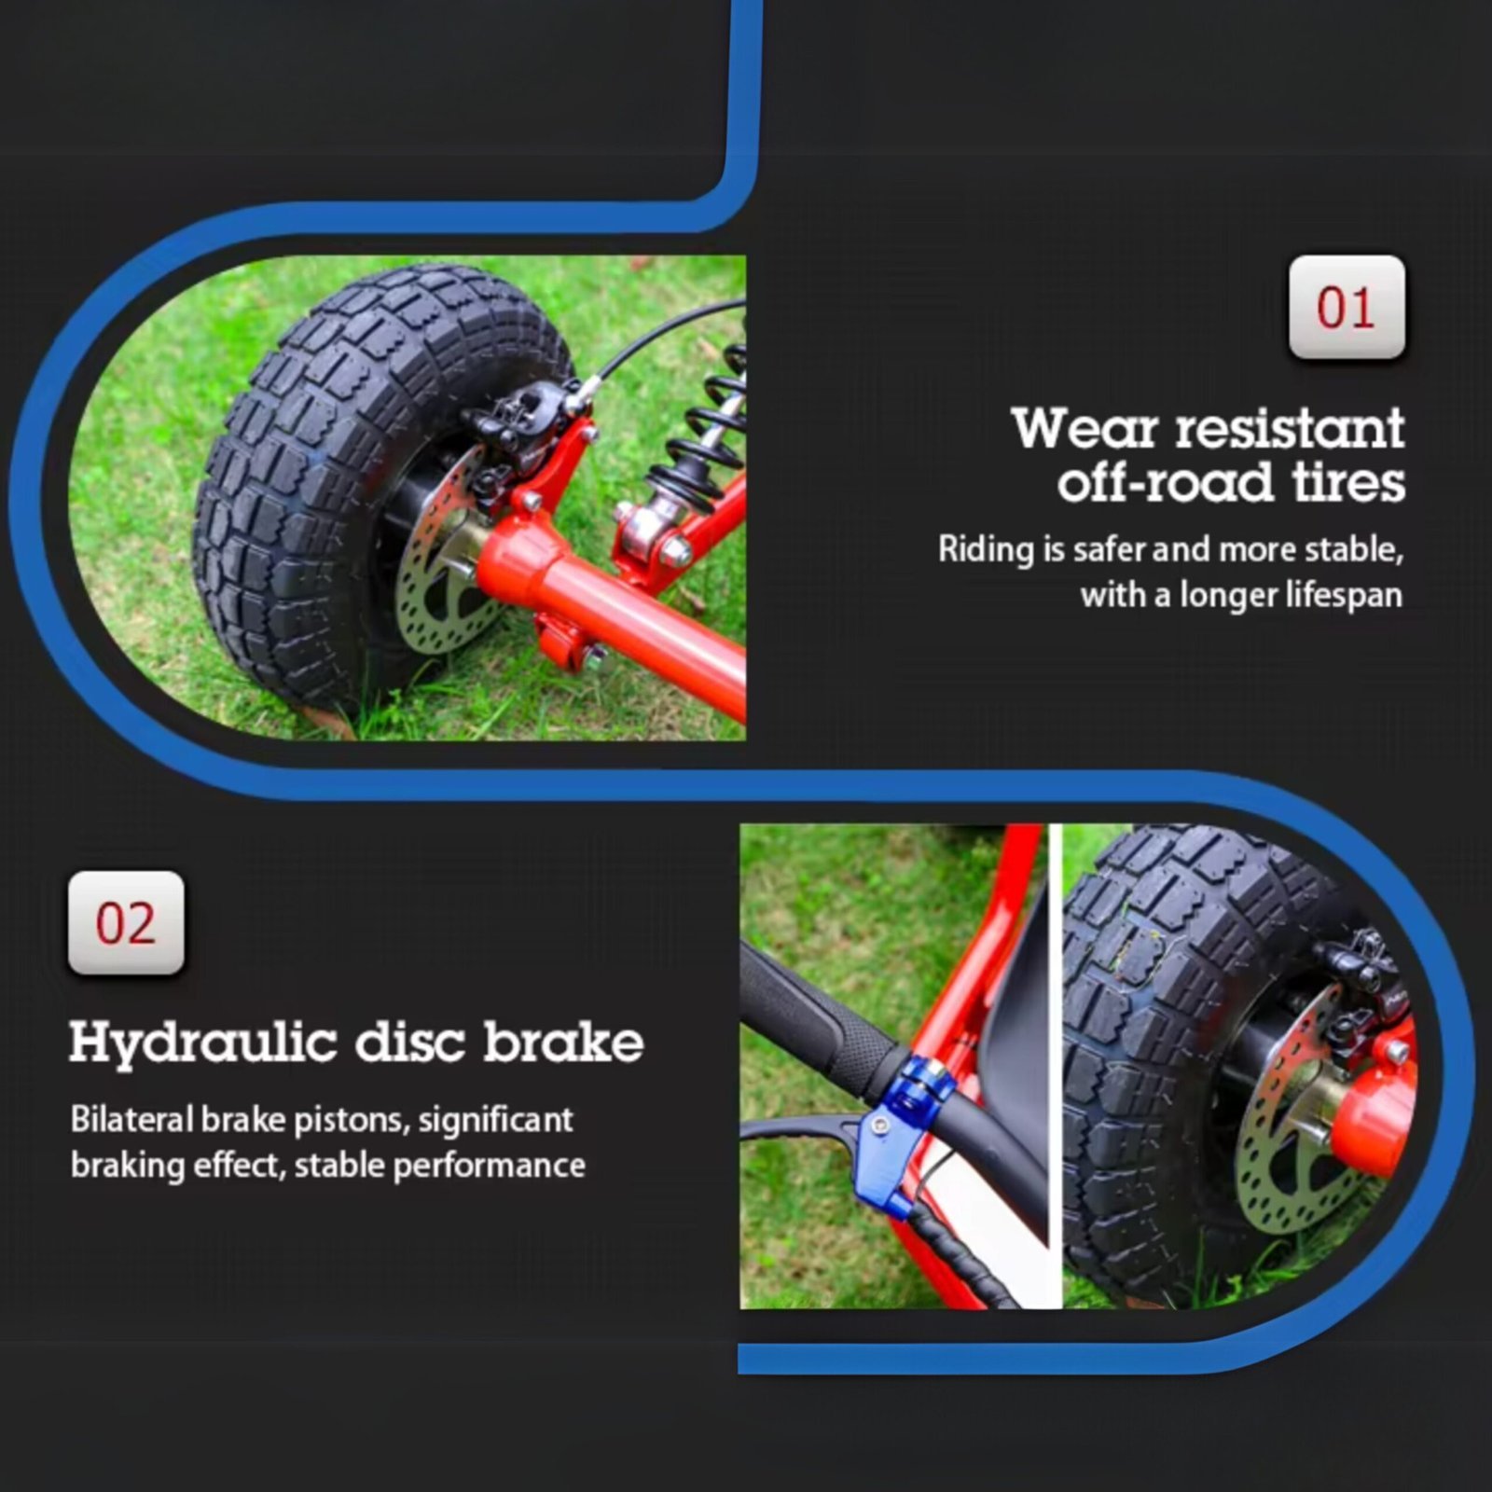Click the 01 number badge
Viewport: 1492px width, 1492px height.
[x=1347, y=307]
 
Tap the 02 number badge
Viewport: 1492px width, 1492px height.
[x=126, y=923]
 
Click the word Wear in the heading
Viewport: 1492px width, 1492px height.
[x=1085, y=428]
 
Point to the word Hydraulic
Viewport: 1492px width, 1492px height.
[x=202, y=1043]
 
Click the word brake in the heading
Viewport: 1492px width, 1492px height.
[x=563, y=1042]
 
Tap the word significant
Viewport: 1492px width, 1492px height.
[x=495, y=1120]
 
